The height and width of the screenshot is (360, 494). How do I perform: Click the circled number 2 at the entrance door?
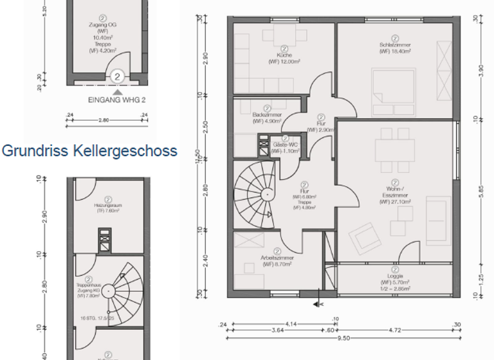pyautogui.click(x=117, y=76)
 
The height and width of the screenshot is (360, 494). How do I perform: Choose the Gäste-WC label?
pyautogui.click(x=284, y=147)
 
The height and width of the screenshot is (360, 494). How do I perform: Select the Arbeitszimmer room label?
pyautogui.click(x=277, y=259)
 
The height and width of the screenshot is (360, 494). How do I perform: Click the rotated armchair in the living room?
pyautogui.click(x=365, y=240)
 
